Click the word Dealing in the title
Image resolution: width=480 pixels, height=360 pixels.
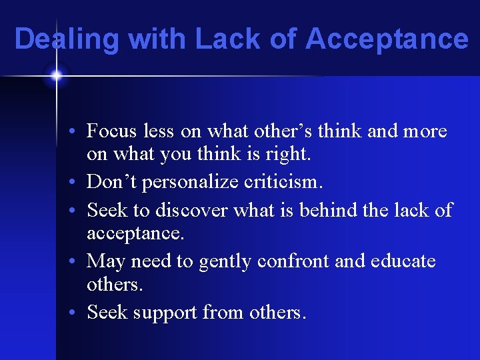66,39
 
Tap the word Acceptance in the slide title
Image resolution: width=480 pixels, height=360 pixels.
387,39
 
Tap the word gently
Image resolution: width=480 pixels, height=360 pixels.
205,261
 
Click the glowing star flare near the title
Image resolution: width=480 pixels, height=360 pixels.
55,76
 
